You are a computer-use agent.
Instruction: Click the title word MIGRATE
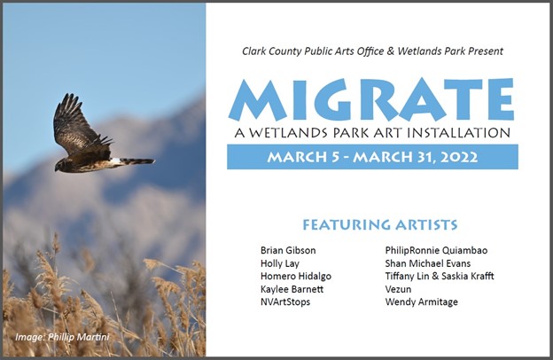pos(371,100)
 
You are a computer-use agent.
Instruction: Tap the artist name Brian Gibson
pos(288,251)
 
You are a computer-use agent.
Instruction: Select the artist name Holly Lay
pos(280,263)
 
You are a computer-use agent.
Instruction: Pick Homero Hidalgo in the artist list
pos(296,276)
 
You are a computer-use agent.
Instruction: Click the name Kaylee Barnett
pos(292,289)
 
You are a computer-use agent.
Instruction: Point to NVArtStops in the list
pos(285,302)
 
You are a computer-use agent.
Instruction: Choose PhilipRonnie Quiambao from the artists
pos(436,251)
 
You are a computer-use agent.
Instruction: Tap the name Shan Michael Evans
pos(428,263)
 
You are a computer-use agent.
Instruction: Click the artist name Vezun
pos(398,289)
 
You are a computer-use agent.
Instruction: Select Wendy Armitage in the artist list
pos(422,302)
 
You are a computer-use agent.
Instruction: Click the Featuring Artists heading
pos(380,224)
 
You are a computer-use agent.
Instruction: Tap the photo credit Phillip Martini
pos(79,337)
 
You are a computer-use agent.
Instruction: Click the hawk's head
pos(60,165)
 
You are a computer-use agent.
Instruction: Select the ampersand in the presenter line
pos(390,51)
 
